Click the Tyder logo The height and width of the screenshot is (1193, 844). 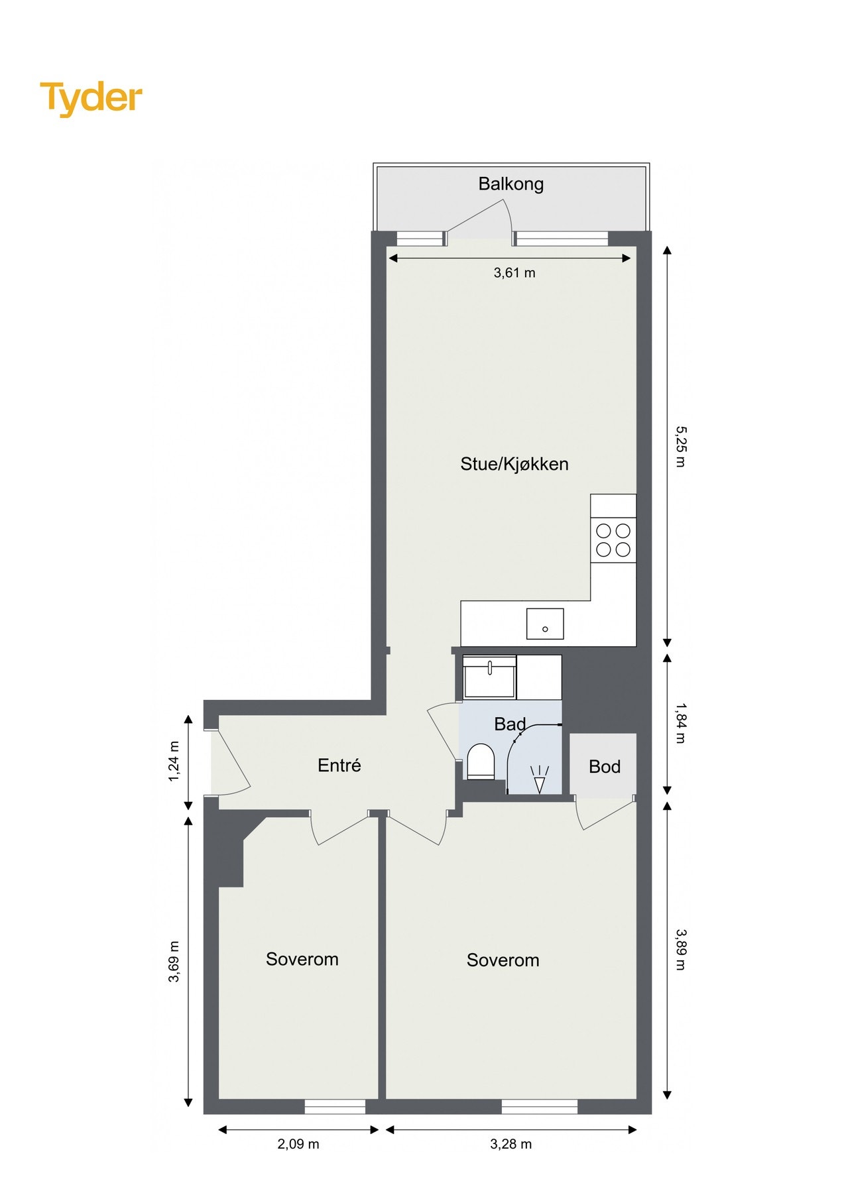[x=91, y=98]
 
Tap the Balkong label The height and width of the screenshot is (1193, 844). [x=511, y=184]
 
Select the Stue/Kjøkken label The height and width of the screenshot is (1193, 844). [x=514, y=464]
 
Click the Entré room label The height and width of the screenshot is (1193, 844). [x=339, y=766]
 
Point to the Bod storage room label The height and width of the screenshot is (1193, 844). [x=604, y=767]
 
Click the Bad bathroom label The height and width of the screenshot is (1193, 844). [x=509, y=724]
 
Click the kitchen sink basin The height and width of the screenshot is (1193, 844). [x=545, y=624]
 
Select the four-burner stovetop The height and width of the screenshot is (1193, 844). [x=613, y=540]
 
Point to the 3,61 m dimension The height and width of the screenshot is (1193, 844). [x=514, y=272]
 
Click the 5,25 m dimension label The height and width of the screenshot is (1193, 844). [x=680, y=446]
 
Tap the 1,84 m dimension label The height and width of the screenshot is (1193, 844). [x=680, y=724]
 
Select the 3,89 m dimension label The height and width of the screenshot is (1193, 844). [x=680, y=949]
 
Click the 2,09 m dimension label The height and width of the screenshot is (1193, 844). [x=298, y=1144]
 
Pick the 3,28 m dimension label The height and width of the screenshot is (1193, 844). [x=511, y=1144]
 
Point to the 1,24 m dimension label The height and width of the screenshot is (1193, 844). [x=174, y=761]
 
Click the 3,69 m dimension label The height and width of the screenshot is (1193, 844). [x=174, y=961]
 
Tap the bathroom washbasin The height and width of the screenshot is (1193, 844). [x=490, y=677]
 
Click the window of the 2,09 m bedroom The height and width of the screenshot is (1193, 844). [x=335, y=1106]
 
